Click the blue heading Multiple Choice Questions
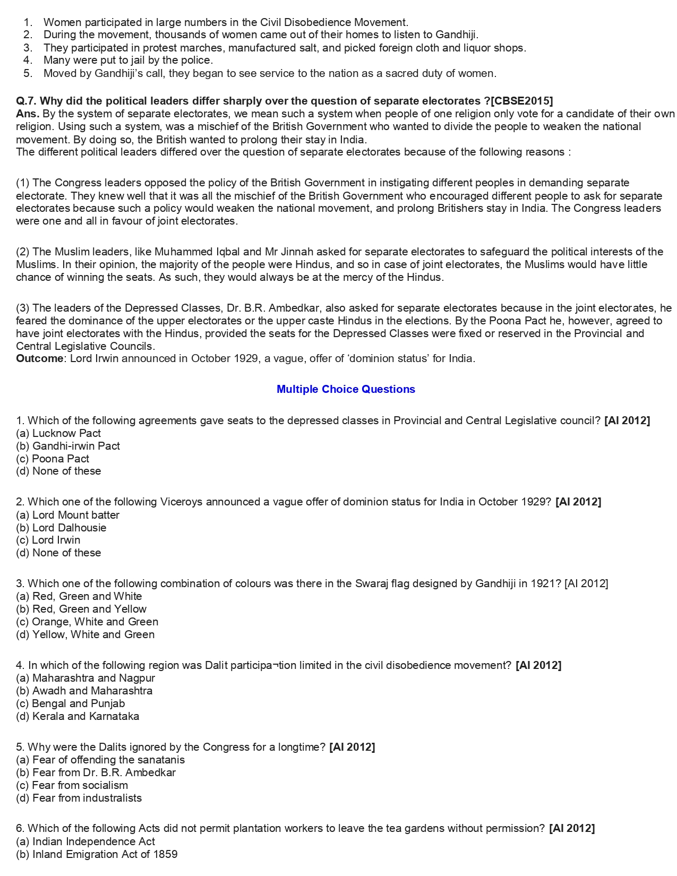pos(346,389)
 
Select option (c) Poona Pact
pos(53,459)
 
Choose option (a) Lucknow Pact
pos(58,433)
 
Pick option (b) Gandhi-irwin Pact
pos(68,446)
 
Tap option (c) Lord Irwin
pos(48,540)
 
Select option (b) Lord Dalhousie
pos(61,528)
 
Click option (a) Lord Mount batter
pos(68,515)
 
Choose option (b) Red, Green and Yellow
pos(81,609)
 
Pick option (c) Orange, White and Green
pos(87,622)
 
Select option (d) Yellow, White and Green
pos(85,634)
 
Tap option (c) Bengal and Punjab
pos(71,703)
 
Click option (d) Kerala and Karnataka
pos(78,716)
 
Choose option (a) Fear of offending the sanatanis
pos(100,760)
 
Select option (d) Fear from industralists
pos(79,798)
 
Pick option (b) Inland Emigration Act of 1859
pos(97,854)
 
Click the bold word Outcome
pos(39,358)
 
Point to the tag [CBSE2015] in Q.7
pos(522,101)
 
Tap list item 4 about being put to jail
pos(128,61)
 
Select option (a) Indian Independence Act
pos(85,841)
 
